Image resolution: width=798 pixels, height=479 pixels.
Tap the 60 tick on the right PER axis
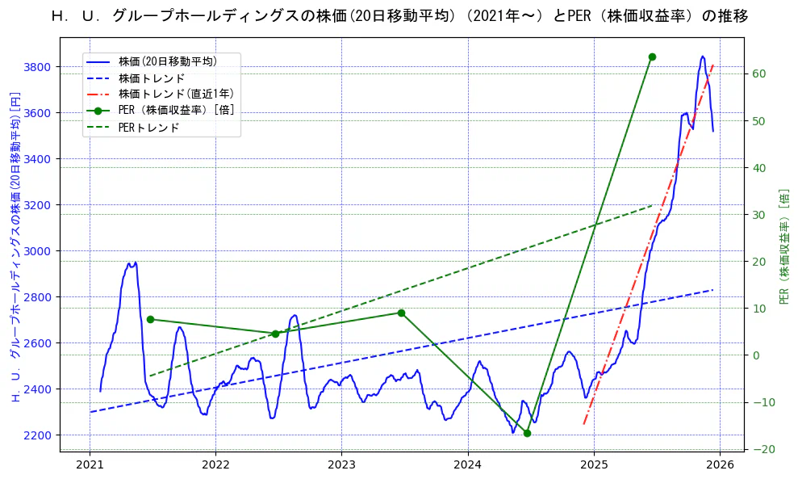coord(759,74)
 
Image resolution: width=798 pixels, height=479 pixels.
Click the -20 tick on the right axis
coord(762,449)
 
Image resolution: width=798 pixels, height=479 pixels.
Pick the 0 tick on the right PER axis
coord(757,355)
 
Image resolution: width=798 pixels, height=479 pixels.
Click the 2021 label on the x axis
coord(90,464)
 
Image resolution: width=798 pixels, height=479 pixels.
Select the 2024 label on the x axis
coord(467,464)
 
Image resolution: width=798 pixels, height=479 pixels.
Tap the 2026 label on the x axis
coord(720,464)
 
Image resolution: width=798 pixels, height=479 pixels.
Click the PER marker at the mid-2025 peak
coord(652,57)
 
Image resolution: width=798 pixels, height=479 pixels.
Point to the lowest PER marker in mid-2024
coord(527,433)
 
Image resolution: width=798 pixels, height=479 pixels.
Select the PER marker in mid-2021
coord(150,319)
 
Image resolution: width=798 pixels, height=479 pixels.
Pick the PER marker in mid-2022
coord(275,334)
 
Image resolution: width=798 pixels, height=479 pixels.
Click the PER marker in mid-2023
coord(401,313)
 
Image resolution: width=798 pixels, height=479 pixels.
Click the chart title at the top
coord(399,15)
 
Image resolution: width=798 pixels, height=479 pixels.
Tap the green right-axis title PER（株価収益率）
coord(784,246)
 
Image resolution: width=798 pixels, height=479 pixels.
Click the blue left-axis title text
coord(14,246)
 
